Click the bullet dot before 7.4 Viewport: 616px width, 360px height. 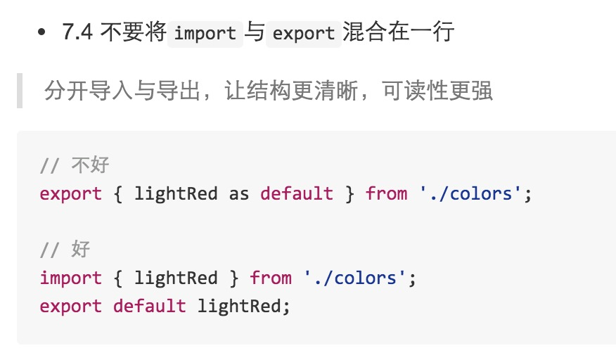click(42, 32)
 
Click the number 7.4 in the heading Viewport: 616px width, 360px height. click(77, 32)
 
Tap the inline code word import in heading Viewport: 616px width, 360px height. click(205, 33)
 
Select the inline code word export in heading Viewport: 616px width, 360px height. click(303, 33)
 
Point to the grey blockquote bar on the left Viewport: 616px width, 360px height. click(20, 90)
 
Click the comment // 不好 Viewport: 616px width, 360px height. click(75, 165)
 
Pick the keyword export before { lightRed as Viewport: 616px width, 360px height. click(71, 193)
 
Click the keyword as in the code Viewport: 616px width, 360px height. click(239, 193)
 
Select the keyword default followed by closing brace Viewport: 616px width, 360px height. click(297, 193)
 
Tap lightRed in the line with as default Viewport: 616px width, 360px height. click(176, 193)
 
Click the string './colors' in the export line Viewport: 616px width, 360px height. click(471, 193)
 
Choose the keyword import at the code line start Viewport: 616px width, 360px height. click(71, 278)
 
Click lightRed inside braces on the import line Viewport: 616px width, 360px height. click(176, 278)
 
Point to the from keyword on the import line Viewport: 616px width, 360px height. click(271, 278)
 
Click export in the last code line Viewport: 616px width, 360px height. click(71, 306)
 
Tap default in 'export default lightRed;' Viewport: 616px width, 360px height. click(150, 306)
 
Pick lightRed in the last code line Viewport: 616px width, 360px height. click(239, 306)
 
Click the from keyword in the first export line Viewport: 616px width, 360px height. click(386, 193)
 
